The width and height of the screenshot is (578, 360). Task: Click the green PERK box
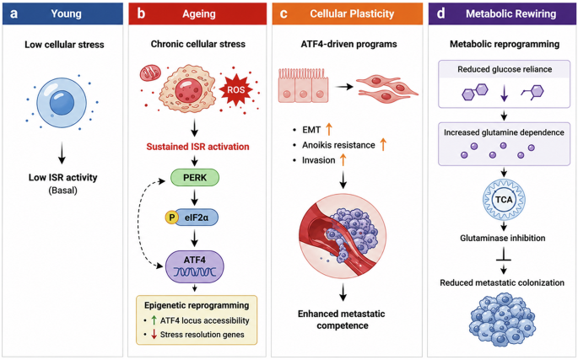(195, 178)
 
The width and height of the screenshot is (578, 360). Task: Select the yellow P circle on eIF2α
(171, 218)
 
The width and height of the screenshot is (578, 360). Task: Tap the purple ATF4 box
(195, 266)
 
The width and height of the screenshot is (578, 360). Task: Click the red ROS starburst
(236, 89)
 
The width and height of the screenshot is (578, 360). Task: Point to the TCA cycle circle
(504, 200)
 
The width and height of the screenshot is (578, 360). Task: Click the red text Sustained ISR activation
(197, 147)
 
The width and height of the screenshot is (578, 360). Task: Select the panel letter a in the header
(14, 13)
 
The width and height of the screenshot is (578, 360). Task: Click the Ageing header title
(199, 14)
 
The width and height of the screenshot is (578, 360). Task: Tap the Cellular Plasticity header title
(352, 13)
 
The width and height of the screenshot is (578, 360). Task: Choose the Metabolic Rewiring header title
(510, 14)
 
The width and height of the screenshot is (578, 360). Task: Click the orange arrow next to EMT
(329, 129)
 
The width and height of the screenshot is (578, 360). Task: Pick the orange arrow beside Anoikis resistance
(383, 144)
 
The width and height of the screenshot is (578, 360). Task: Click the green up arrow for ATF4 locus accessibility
(154, 320)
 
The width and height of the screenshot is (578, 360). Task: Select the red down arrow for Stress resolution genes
(154, 334)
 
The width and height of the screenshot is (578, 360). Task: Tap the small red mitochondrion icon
(150, 73)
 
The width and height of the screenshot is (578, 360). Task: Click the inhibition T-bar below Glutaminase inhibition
(504, 257)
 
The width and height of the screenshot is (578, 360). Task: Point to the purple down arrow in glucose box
(504, 94)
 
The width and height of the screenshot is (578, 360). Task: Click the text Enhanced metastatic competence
(342, 320)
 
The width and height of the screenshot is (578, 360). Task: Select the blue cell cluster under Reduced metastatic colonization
(503, 320)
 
